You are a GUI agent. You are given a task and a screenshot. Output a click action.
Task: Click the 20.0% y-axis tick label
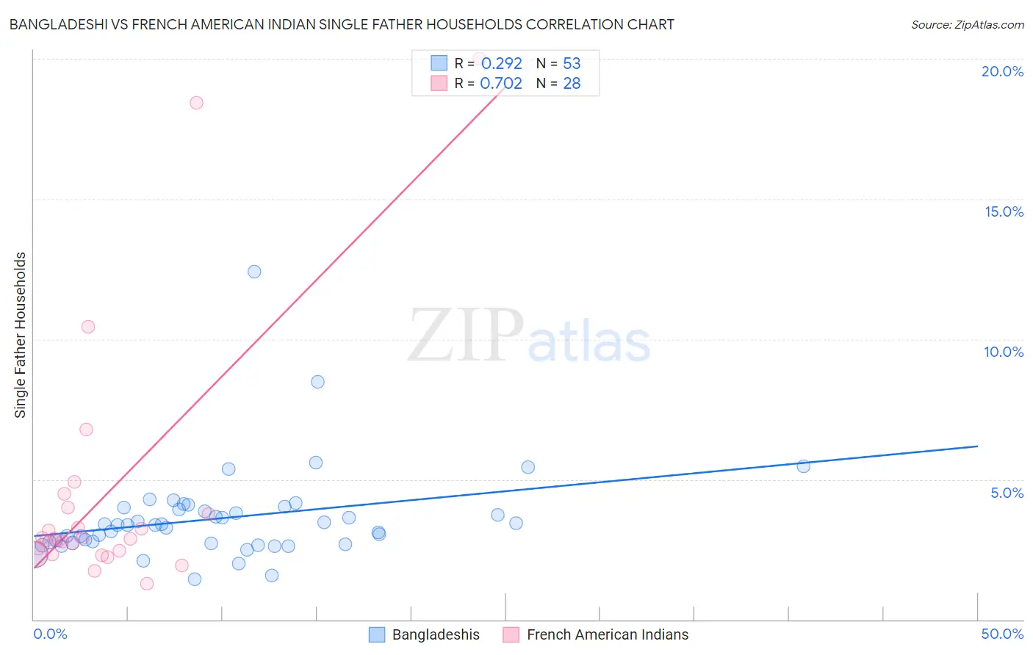1002,71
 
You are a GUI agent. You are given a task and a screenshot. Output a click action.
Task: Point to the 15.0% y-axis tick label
1004,211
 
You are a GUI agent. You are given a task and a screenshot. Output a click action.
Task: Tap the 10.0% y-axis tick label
1004,352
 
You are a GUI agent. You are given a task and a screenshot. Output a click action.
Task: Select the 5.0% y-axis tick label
1007,493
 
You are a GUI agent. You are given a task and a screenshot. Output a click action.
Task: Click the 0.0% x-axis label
50,634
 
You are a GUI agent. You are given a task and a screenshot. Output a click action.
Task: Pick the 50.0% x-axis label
1002,634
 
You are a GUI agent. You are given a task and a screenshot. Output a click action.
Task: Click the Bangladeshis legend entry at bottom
425,634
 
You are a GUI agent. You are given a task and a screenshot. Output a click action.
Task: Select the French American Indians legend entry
596,634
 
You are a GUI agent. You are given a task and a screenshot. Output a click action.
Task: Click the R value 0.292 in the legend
501,63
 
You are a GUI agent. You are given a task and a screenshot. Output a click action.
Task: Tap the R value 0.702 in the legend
500,83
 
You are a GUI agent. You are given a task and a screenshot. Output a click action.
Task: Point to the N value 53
572,63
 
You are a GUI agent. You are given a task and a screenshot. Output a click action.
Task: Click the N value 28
572,83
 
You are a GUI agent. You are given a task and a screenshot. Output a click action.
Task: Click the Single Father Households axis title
21,335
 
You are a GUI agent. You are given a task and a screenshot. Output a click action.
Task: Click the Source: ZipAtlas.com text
967,24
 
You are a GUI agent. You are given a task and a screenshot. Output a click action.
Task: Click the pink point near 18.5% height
196,103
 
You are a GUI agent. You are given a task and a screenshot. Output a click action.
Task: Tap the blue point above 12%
254,272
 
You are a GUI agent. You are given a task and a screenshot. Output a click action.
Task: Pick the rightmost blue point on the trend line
803,466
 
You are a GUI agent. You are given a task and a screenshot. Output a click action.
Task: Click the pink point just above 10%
88,327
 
